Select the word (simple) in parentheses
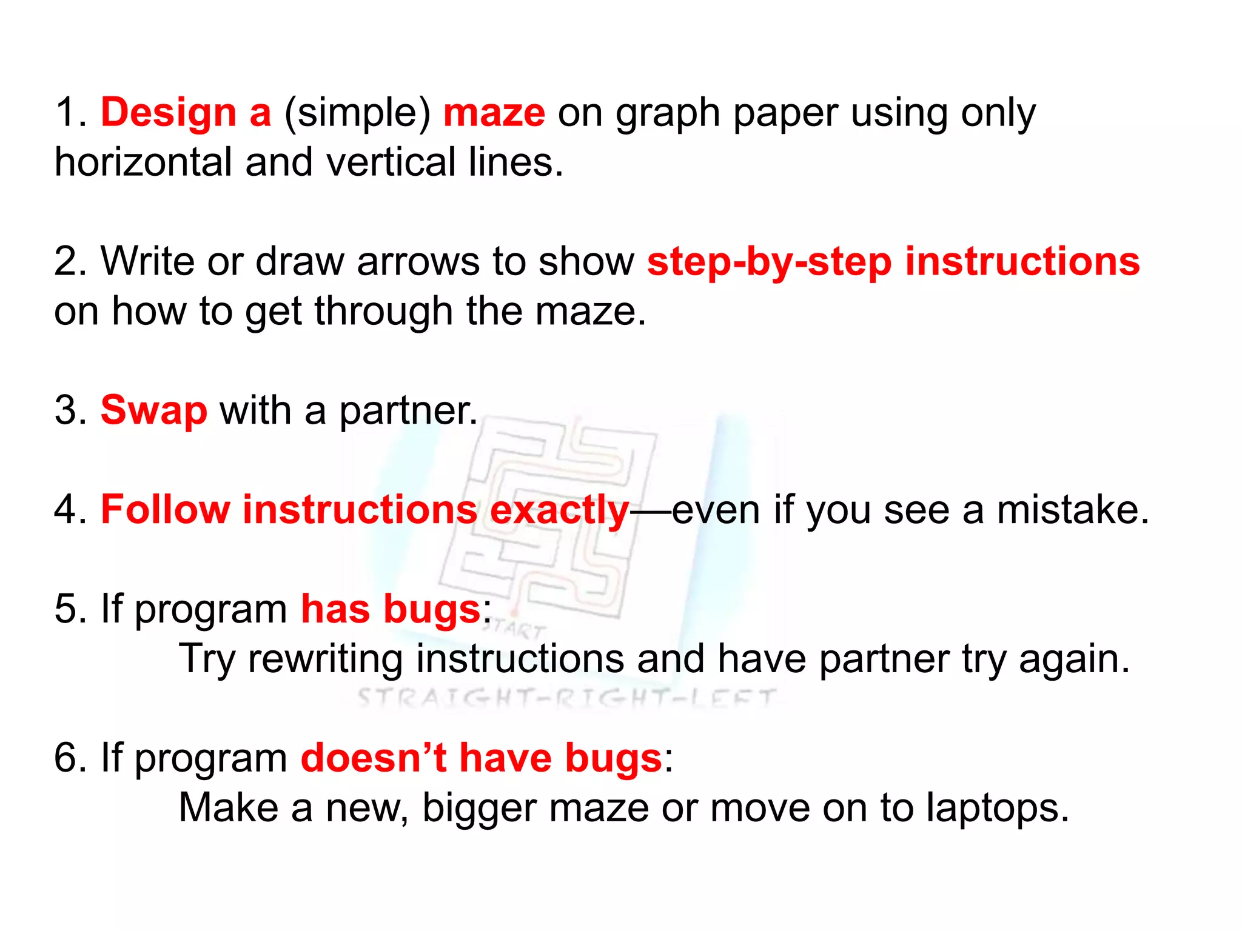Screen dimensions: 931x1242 click(357, 115)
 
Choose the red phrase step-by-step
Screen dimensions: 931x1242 click(770, 263)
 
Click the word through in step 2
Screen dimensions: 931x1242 click(384, 313)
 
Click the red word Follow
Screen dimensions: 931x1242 click(165, 510)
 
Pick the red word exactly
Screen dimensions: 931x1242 click(559, 511)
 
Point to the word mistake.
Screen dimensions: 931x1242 click(1073, 510)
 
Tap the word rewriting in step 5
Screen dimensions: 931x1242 click(325, 659)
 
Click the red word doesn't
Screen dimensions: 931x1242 click(374, 758)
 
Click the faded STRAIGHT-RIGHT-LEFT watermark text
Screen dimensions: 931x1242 click(566, 699)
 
